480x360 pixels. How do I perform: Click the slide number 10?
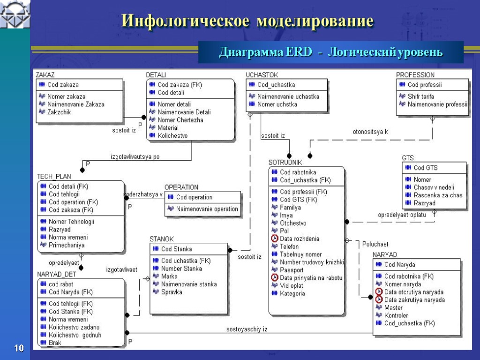point(19,348)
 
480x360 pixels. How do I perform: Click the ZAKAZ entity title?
point(45,75)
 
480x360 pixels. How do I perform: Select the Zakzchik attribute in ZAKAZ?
point(59,112)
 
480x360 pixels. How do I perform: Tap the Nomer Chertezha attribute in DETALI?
point(180,120)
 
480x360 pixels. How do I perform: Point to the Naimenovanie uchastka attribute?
point(288,97)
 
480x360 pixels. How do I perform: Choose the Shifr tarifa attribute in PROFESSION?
point(420,97)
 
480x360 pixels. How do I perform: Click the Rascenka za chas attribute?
point(438,195)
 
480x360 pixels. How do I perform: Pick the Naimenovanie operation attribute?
point(207,209)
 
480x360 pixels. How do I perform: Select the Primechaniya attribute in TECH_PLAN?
point(67,245)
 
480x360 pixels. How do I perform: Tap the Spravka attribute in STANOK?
point(172,292)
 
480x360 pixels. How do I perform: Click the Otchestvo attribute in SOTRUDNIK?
point(293,223)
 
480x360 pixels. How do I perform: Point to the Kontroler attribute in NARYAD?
point(396,315)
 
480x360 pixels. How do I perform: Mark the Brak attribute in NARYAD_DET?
point(55,343)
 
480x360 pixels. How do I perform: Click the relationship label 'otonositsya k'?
point(370,132)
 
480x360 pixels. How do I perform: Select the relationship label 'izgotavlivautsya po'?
point(135,157)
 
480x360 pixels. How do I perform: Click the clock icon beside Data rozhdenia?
point(275,239)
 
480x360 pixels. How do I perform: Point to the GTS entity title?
point(408,158)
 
